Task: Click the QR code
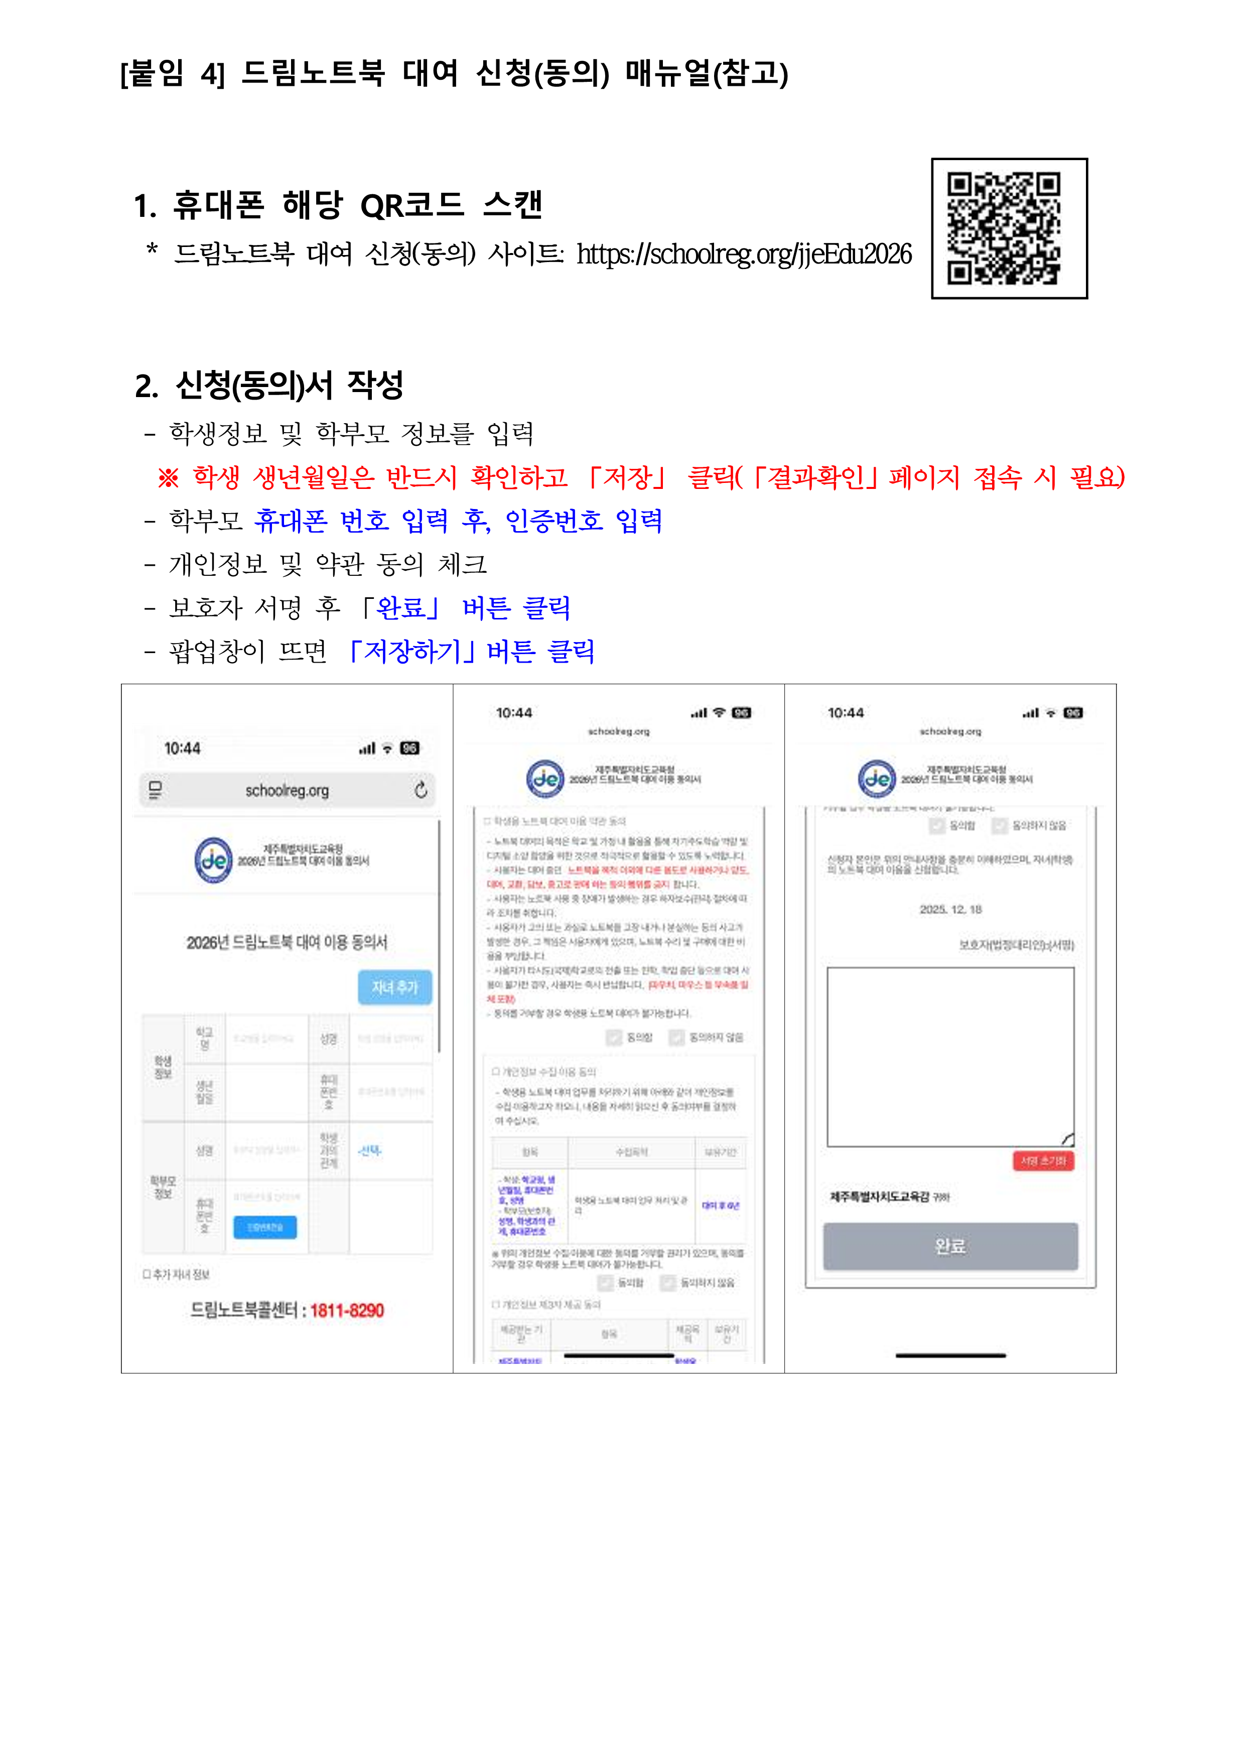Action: click(x=1009, y=228)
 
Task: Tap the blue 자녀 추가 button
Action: click(x=394, y=987)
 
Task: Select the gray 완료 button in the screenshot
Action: click(x=950, y=1246)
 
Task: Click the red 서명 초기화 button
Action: click(x=1043, y=1161)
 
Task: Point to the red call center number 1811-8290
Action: click(x=347, y=1311)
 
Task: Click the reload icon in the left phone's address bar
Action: click(x=421, y=790)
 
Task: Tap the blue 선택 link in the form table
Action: click(x=369, y=1150)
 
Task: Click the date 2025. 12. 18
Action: click(x=950, y=910)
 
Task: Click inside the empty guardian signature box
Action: click(x=950, y=1057)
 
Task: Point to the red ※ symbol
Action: click(x=168, y=478)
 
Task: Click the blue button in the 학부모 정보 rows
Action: click(x=265, y=1226)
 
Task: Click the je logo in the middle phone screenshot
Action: click(x=544, y=779)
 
